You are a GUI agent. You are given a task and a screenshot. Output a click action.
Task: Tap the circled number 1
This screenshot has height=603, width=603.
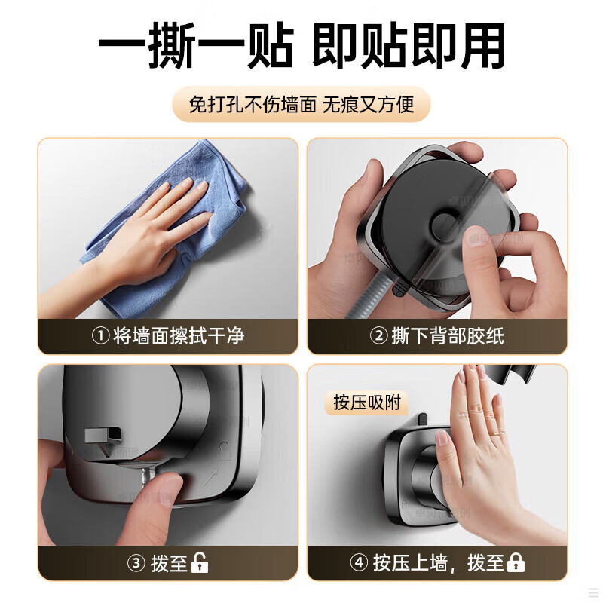tap(101, 335)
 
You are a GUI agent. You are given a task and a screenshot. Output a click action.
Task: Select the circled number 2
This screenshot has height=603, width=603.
tap(379, 335)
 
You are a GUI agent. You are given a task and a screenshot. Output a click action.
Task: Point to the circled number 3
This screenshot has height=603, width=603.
tap(136, 563)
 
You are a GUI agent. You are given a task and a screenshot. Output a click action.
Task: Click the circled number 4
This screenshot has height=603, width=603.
tap(359, 562)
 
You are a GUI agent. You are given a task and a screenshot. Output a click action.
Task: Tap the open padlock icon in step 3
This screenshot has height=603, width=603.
tap(200, 562)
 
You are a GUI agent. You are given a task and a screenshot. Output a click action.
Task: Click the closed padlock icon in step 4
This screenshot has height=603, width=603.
tap(516, 562)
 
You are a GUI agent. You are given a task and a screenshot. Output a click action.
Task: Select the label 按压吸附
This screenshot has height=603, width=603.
tap(367, 403)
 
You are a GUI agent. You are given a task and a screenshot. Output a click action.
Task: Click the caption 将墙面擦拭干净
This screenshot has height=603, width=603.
tap(179, 335)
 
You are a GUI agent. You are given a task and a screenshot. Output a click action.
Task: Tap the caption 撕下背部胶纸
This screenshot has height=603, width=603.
tap(448, 335)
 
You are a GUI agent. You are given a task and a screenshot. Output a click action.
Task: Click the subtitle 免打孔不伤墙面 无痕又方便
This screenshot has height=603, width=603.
tap(301, 104)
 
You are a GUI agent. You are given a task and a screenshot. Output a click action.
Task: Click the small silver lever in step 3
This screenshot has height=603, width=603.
tap(104, 436)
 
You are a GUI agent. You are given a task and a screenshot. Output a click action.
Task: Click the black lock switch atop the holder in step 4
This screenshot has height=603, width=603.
tap(422, 420)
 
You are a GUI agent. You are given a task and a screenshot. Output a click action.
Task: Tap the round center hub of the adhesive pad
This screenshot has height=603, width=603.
tap(446, 226)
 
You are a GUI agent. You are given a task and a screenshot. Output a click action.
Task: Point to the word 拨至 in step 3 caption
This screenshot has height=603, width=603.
tap(169, 563)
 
